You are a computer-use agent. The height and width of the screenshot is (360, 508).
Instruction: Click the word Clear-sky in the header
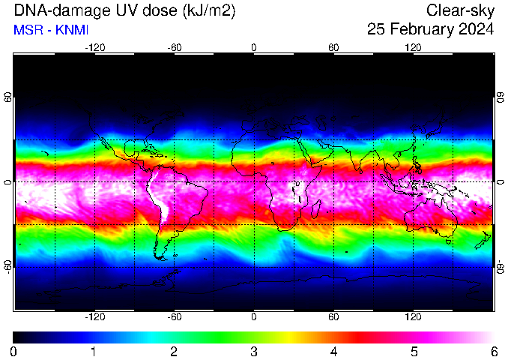pos(460,10)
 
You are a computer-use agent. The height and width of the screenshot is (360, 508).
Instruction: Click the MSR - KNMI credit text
pos(51,30)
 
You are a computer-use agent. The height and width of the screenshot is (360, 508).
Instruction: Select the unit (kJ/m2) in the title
pos(209,10)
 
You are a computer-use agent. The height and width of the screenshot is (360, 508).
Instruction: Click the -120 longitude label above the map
pos(95,48)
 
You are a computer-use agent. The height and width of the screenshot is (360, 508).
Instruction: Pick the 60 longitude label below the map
pos(333,316)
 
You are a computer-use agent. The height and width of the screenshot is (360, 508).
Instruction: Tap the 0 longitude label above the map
pos(254,48)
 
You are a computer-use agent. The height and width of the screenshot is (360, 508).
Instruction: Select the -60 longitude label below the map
pos(175,316)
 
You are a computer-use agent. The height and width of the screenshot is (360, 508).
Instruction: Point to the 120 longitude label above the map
pos(413,48)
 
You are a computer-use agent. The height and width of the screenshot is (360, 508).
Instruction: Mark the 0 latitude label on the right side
pos(501,182)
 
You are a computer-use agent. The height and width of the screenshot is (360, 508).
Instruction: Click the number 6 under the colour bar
pos(494,352)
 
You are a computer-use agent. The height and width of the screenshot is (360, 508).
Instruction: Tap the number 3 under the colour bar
pos(254,352)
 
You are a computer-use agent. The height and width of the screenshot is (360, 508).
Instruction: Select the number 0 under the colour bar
pos(13,352)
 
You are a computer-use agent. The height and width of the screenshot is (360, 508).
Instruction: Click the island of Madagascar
pos(316,209)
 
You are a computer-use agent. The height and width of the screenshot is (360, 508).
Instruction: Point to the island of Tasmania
pos(448,241)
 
